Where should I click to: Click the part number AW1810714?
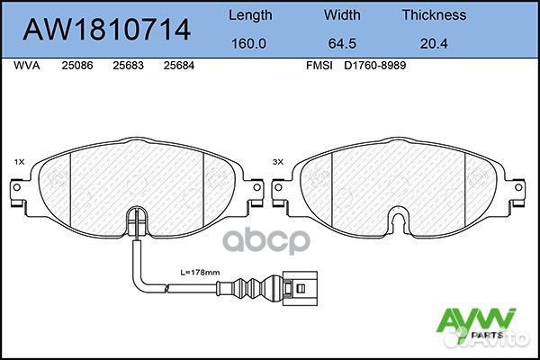point(106,30)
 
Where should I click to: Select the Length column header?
point(250,14)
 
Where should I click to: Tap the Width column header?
point(342,14)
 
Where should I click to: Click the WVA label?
point(27,67)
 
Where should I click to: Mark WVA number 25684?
point(179,67)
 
